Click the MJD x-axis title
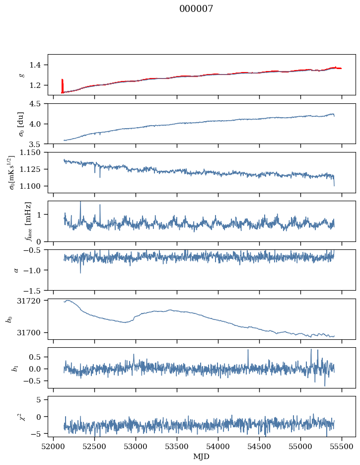click(202, 457)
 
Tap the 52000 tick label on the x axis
click(54, 447)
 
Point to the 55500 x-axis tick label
click(341, 447)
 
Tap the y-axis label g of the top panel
click(21, 75)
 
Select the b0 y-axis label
click(8, 319)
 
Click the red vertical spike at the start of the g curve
click(62, 85)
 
